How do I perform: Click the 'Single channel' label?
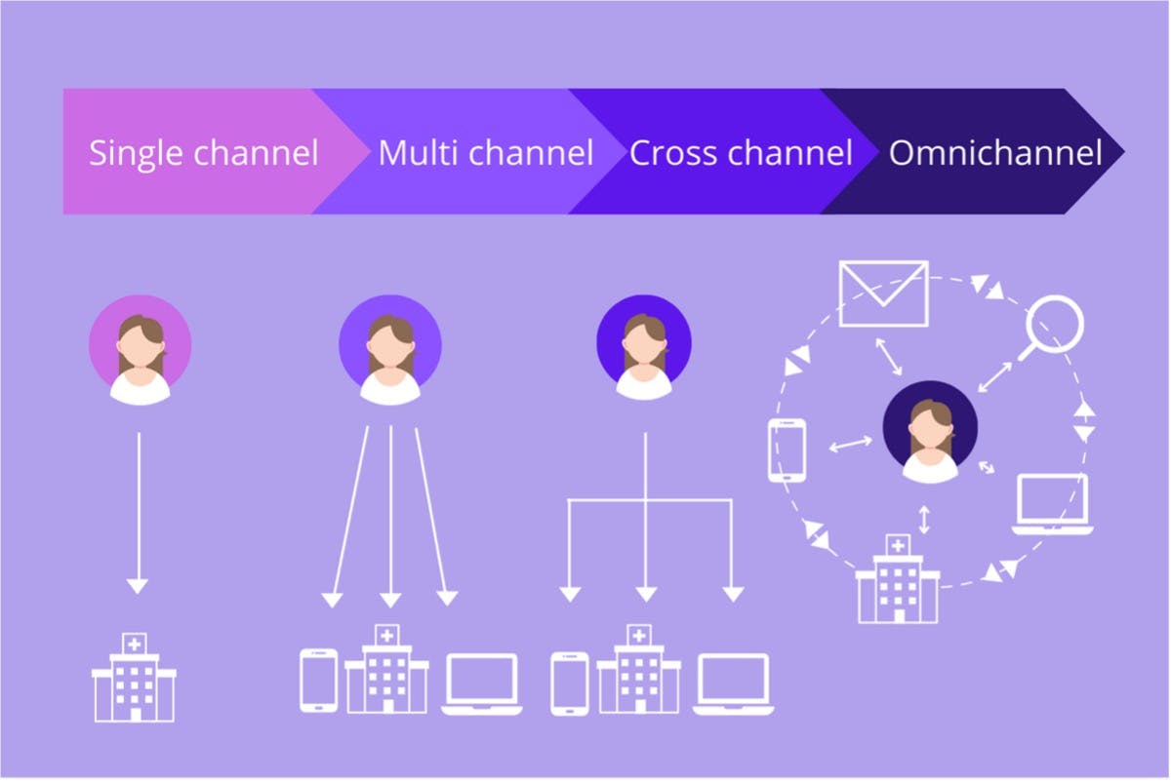tap(203, 153)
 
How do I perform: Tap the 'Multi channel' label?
tap(486, 153)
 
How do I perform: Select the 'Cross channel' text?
tap(741, 153)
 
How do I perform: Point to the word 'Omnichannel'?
tap(995, 153)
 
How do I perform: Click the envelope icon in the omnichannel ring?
tap(883, 294)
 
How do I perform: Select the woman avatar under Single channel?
tap(141, 349)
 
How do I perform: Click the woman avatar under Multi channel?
tap(390, 349)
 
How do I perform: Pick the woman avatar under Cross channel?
tap(644, 347)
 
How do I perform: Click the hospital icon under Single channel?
tap(135, 678)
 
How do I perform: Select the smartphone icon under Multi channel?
tap(318, 681)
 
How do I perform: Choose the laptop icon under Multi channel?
tap(481, 684)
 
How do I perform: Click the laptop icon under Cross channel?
tap(734, 684)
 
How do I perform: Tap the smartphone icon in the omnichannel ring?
tap(787, 450)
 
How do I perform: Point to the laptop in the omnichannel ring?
tap(1053, 504)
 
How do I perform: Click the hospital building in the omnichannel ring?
tap(898, 579)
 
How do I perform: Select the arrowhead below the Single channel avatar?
tap(138, 586)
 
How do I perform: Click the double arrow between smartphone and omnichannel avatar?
tap(851, 444)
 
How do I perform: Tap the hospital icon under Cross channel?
tap(639, 670)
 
